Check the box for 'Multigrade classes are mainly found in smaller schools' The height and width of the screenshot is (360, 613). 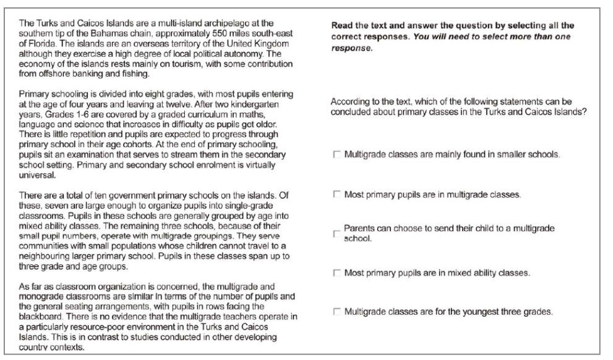[x=337, y=155]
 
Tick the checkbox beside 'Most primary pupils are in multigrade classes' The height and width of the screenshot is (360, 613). [x=337, y=195]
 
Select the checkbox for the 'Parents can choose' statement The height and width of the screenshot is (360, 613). [x=337, y=234]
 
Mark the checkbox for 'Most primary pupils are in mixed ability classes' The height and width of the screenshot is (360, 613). [x=337, y=273]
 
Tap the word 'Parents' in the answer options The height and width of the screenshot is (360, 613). [x=358, y=228]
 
